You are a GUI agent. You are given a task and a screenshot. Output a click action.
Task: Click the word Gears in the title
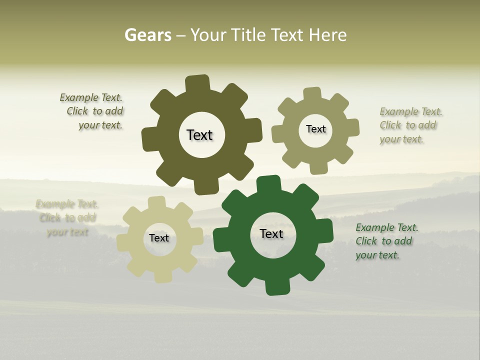pos(147,35)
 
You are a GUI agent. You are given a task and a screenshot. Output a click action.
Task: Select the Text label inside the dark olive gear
pos(199,135)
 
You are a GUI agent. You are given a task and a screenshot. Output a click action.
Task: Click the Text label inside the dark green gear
pos(271,233)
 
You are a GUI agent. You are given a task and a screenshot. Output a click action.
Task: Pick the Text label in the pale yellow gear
pos(159,238)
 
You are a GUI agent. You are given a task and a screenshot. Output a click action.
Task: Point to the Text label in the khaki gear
pos(315,129)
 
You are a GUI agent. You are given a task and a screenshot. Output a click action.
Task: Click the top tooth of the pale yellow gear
pos(156,203)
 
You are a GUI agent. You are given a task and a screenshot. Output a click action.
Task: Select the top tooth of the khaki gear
pos(312,94)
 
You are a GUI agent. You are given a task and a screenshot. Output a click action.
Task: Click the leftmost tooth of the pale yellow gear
pos(123,242)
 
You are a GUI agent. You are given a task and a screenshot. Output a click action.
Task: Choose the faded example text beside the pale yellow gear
pos(67,218)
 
